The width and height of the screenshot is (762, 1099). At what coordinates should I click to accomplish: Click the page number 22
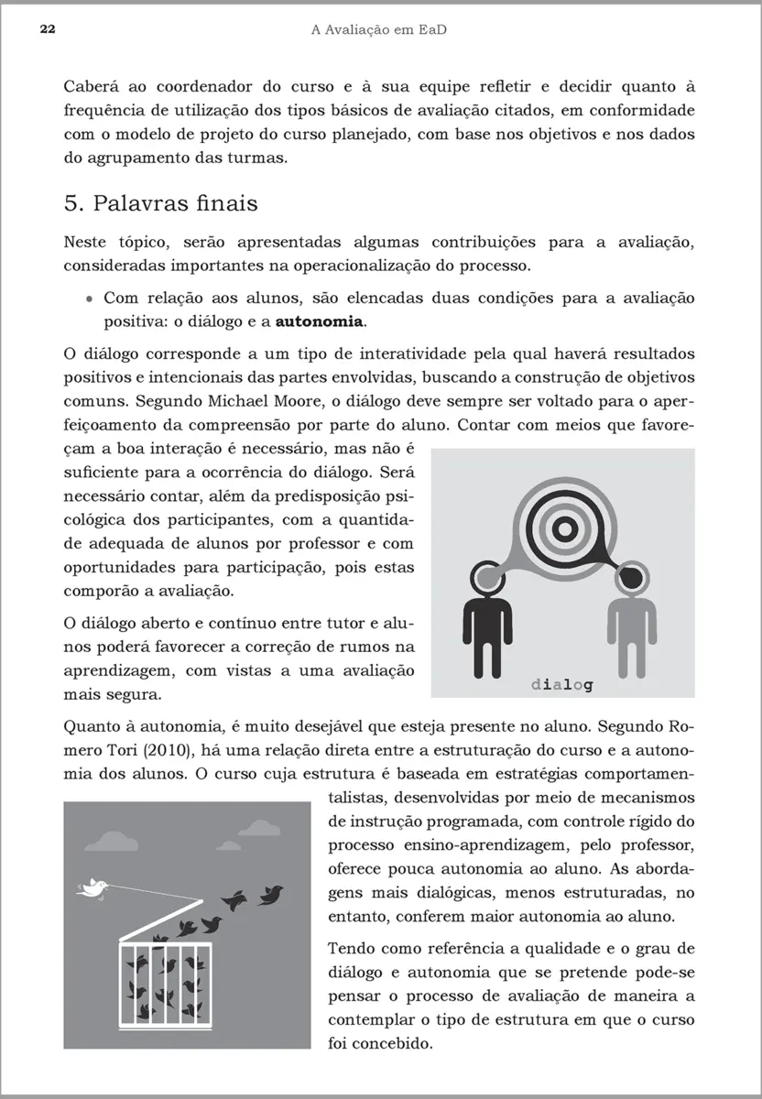[48, 30]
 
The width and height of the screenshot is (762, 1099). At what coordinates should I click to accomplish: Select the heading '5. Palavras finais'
[160, 202]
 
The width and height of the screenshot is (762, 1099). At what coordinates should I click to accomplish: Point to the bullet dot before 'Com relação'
[89, 299]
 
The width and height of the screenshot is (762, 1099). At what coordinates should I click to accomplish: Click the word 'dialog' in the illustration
[561, 683]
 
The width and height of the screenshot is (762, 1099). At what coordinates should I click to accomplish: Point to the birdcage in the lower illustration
[167, 980]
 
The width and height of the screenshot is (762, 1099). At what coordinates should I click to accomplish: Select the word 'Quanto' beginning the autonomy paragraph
[93, 728]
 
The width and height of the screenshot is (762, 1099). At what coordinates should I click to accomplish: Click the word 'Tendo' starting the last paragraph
[350, 948]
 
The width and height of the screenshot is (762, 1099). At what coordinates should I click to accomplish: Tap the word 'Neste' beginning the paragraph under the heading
[89, 243]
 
